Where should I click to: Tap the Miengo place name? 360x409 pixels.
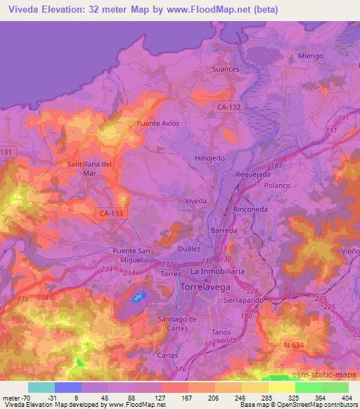[309, 56]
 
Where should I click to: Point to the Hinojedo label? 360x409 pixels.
[210, 158]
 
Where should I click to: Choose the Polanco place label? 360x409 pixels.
[277, 185]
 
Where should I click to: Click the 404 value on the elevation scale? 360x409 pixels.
[344, 398]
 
